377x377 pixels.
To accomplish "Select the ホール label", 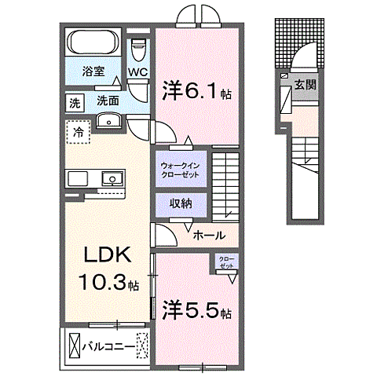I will tap(209, 235).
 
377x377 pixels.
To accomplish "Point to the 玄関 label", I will tap(305, 84).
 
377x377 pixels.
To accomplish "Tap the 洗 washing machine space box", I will tap(75, 102).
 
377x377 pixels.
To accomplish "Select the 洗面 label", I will tap(108, 101).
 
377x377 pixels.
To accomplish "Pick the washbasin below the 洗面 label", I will tap(108, 120).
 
